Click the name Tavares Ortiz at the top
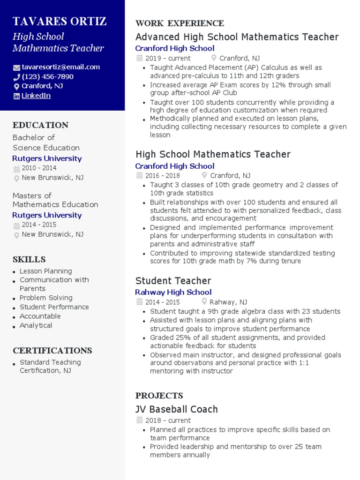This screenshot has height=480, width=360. coord(60,22)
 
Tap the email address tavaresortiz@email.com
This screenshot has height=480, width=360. coord(60,67)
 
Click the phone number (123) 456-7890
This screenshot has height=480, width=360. coord(47,76)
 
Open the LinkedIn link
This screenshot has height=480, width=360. coord(36,96)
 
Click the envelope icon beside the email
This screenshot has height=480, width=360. coord(16,67)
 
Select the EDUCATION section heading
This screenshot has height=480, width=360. coord(40,125)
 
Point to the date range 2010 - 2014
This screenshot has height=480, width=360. coord(39,168)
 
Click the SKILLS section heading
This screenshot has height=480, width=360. coord(29,260)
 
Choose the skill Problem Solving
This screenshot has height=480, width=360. coord(46,298)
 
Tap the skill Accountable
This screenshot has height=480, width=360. coord(40,316)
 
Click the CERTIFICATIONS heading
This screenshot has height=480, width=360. coord(52,351)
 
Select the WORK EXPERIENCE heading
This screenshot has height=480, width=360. coord(180,23)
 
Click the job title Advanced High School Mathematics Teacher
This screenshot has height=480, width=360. coord(237,37)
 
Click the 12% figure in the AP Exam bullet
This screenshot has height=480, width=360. coord(259,85)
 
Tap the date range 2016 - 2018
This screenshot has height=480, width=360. coord(162,176)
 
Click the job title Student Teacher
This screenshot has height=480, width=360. coord(173,281)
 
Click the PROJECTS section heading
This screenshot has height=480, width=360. coord(159,396)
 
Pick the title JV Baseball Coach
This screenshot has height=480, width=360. coord(176,409)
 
